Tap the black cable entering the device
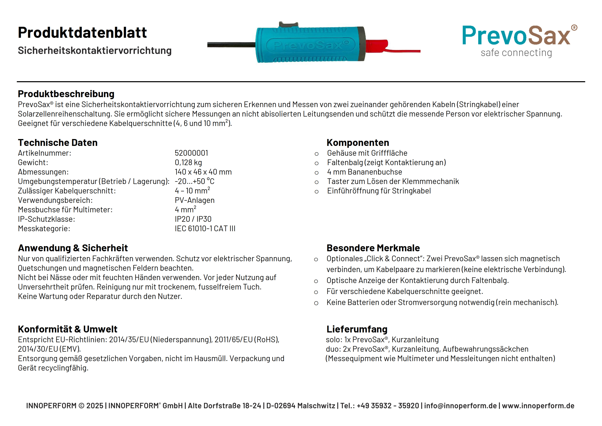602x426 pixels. [231, 45]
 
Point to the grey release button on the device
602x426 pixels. [288, 25]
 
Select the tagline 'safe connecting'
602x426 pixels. [516, 53]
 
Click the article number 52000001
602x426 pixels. [191, 153]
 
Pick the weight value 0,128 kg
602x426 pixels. [188, 162]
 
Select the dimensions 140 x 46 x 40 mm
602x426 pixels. [203, 172]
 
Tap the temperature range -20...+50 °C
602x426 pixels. [194, 181]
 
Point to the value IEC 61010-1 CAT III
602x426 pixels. [205, 228]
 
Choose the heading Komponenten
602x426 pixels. [358, 143]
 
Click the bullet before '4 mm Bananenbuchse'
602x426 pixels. [316, 173]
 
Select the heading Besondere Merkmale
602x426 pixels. [373, 248]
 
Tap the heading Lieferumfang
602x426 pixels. [357, 329]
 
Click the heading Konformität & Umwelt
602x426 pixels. [68, 329]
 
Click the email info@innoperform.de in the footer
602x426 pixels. [460, 406]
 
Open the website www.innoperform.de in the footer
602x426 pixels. [538, 406]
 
